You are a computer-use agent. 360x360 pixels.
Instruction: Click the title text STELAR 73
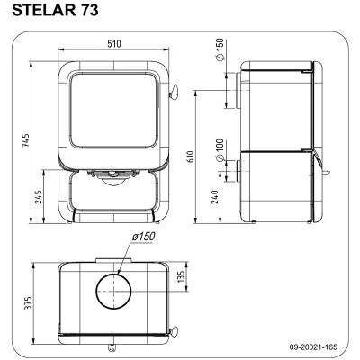tap(55, 10)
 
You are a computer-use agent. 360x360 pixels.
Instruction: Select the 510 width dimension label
tap(114, 44)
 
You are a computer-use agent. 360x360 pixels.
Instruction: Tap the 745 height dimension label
tap(26, 140)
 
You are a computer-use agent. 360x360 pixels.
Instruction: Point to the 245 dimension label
tap(39, 197)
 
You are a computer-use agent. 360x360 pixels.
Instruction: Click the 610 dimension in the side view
tap(191, 157)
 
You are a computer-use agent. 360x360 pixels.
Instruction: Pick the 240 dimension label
tap(215, 197)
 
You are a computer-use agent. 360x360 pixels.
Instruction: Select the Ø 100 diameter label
tap(220, 149)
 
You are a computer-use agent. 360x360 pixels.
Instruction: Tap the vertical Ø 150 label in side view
tap(220, 49)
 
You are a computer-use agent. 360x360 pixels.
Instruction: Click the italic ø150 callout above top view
tap(143, 237)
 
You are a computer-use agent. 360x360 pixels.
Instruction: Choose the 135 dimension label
tap(180, 276)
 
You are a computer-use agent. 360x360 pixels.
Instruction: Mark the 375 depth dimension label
tap(27, 303)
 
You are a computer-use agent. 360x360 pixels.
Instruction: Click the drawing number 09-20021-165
tap(313, 347)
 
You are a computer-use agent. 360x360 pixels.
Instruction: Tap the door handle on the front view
tap(174, 92)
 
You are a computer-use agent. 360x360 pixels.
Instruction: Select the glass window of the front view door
tap(113, 111)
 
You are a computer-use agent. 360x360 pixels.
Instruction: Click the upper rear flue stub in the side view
tap(238, 91)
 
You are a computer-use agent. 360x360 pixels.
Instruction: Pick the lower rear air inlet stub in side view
tap(238, 171)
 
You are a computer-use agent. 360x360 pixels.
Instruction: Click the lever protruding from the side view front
tap(326, 172)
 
